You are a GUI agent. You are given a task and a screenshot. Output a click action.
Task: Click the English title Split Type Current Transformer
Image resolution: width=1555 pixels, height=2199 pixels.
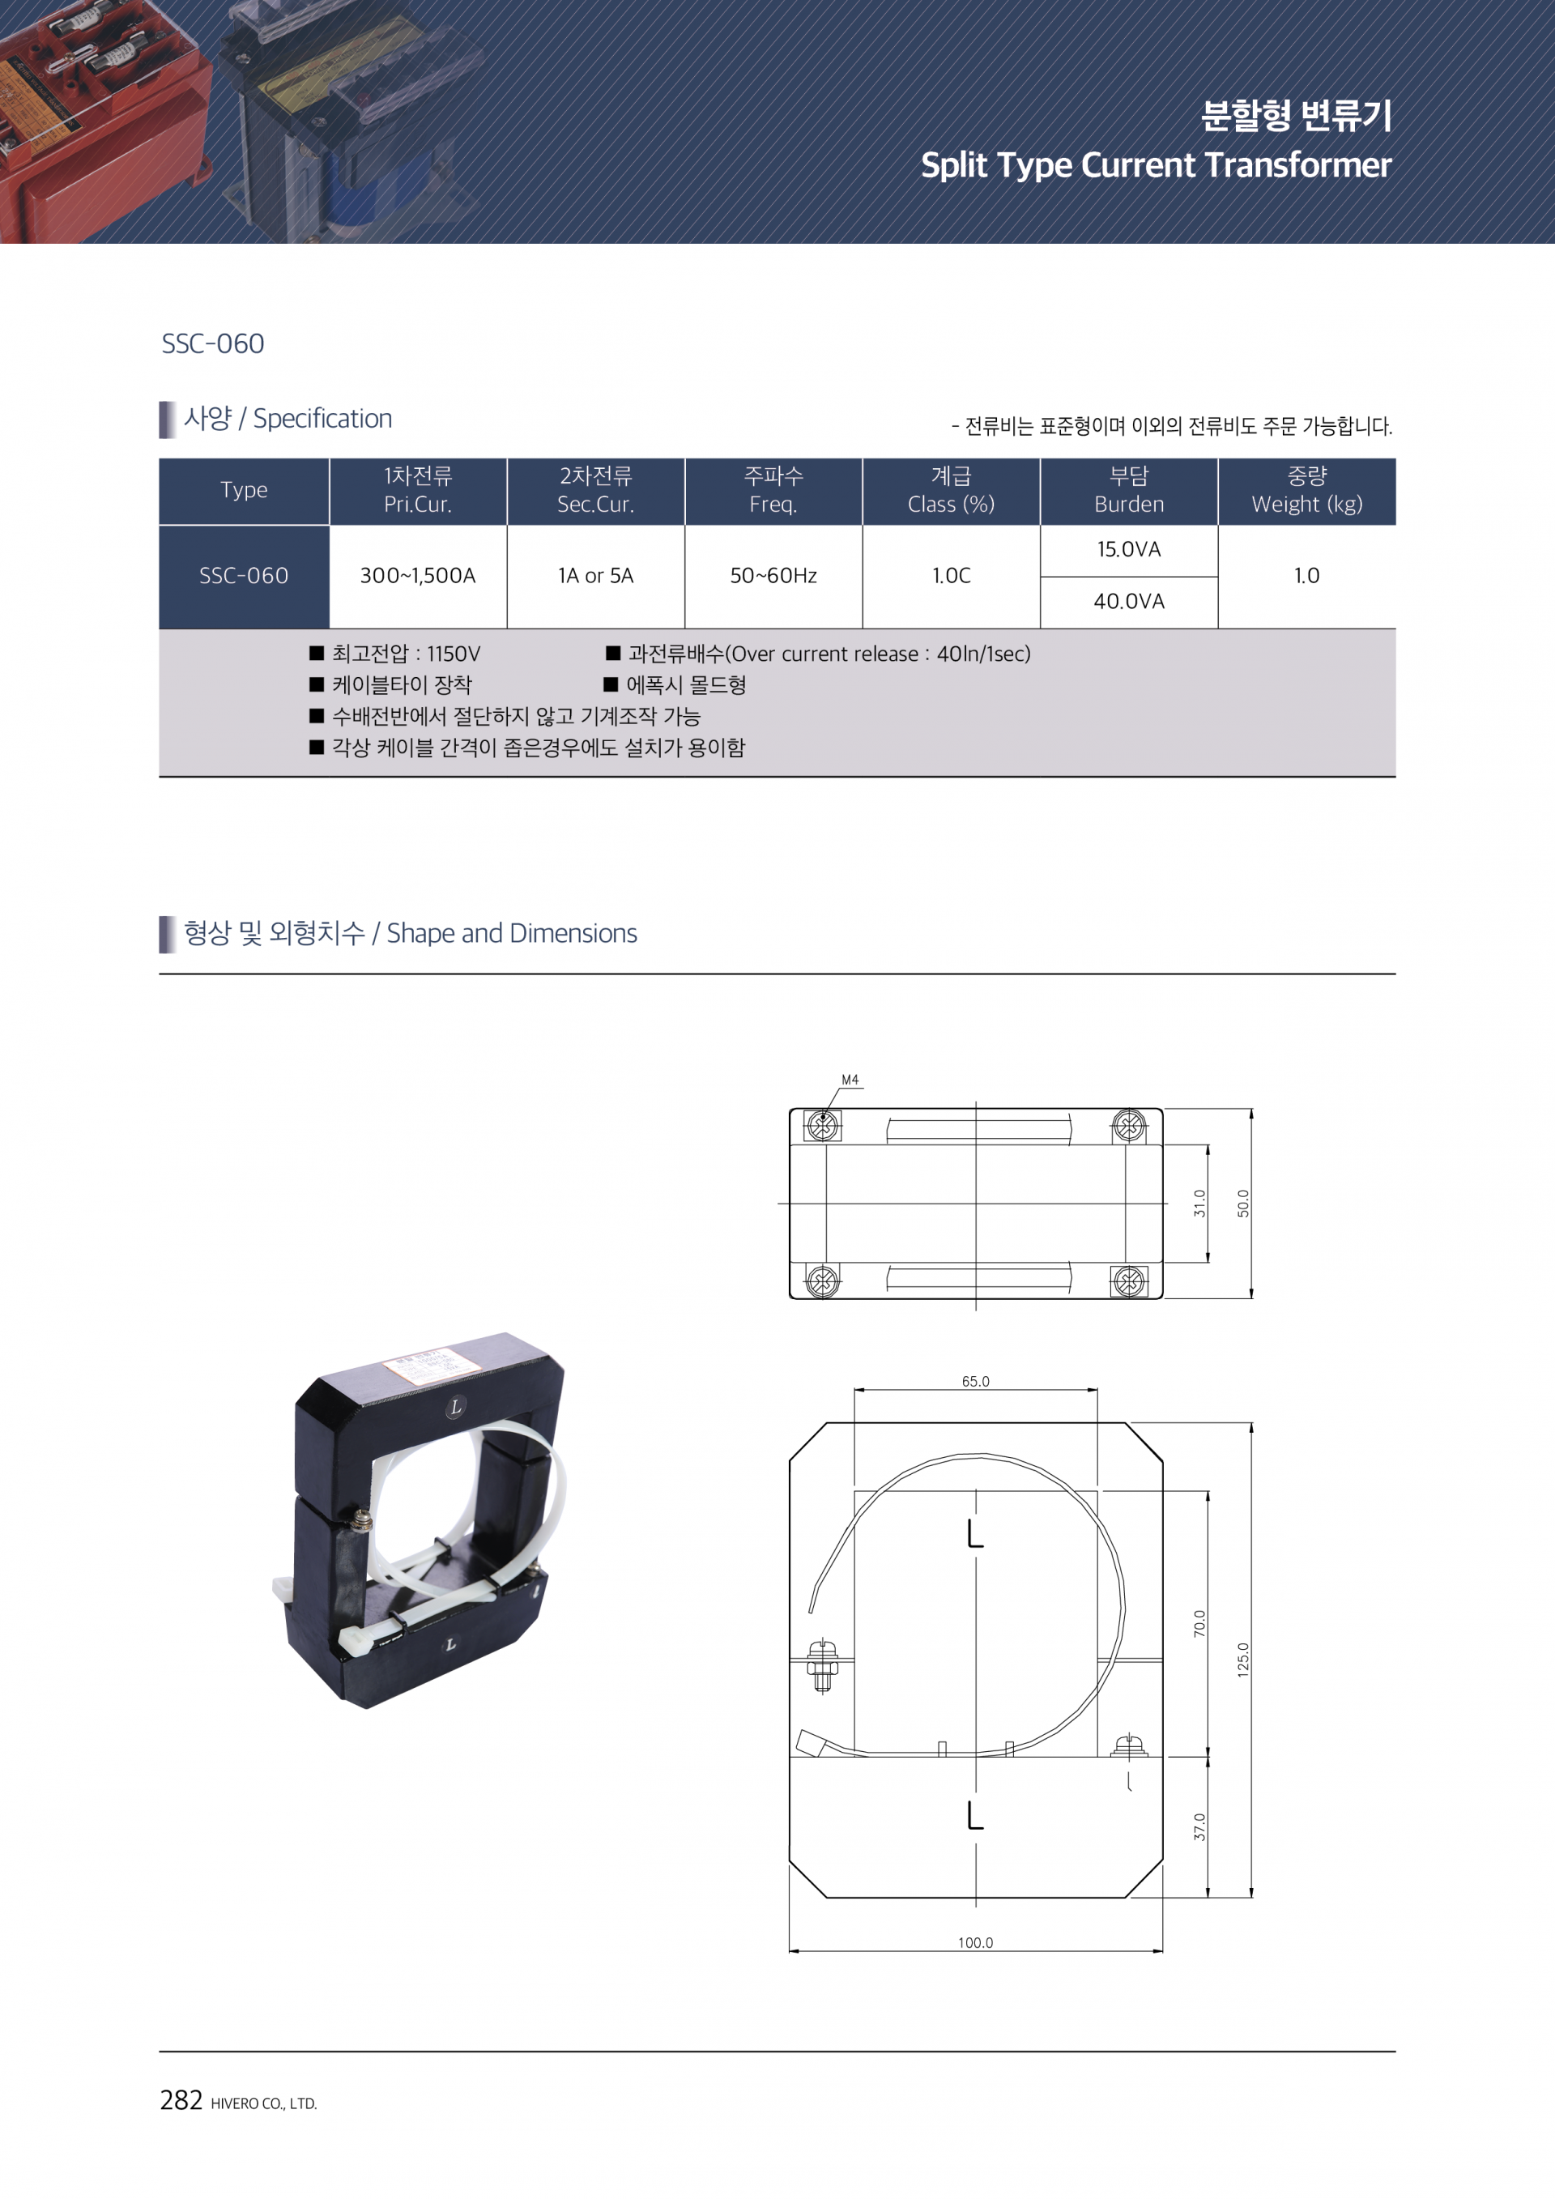1156,164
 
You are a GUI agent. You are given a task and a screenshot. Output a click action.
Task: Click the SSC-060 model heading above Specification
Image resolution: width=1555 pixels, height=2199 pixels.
212,343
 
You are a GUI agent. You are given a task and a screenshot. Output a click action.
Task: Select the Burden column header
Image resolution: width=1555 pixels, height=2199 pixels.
1129,490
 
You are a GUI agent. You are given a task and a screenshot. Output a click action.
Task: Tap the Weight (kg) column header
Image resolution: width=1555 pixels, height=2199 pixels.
1307,490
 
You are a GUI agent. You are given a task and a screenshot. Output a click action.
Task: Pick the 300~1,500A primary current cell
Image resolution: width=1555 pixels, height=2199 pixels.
417,576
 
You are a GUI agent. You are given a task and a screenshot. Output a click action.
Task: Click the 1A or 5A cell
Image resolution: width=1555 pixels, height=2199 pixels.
595,576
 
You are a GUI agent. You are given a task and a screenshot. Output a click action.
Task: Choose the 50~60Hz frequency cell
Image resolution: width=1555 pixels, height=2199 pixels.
773,576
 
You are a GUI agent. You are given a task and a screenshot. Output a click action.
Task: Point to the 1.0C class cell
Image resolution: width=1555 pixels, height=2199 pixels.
952,576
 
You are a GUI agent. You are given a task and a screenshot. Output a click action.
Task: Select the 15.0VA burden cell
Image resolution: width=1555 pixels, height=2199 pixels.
1129,550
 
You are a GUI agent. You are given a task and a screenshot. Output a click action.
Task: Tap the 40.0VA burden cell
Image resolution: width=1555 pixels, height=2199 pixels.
1129,602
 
